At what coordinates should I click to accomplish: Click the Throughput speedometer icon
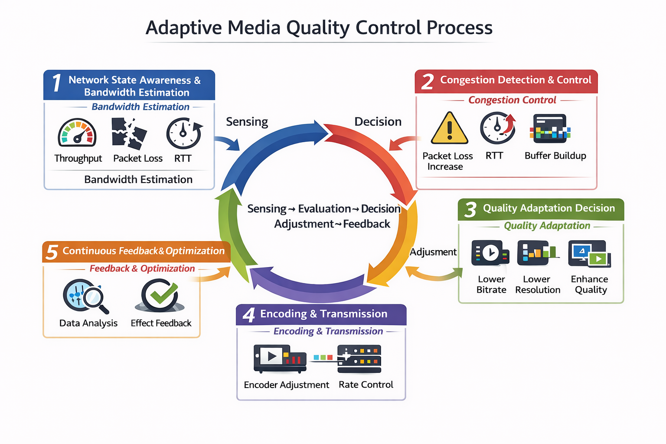pyautogui.click(x=77, y=133)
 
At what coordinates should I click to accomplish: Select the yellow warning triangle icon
pyautogui.click(x=450, y=129)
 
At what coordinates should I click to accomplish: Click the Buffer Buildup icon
pyautogui.click(x=550, y=129)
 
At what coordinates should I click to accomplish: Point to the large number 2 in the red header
pyautogui.click(x=428, y=82)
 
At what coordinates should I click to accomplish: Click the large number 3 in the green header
pyautogui.click(x=470, y=210)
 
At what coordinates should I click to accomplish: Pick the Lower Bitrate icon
pyautogui.click(x=490, y=253)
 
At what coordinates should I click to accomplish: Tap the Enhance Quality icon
pyautogui.click(x=590, y=254)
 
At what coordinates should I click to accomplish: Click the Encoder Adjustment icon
pyautogui.click(x=280, y=359)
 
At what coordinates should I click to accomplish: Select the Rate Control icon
pyautogui.click(x=359, y=359)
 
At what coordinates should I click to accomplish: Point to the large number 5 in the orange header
pyautogui.click(x=52, y=252)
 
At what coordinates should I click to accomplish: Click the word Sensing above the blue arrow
pyautogui.click(x=247, y=122)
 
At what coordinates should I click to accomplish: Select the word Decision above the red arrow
pyautogui.click(x=378, y=122)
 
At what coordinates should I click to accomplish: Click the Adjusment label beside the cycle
pyautogui.click(x=433, y=252)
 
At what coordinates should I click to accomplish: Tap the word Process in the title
pyautogui.click(x=460, y=28)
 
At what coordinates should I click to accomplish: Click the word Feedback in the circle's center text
pyautogui.click(x=367, y=224)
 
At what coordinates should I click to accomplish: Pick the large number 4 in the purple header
pyautogui.click(x=249, y=315)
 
